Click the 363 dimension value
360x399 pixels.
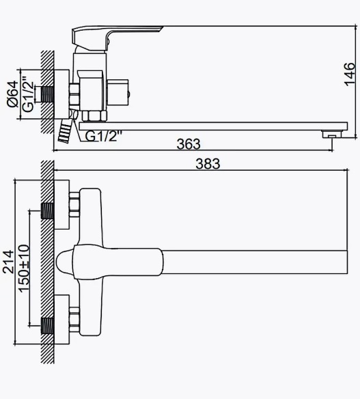pos(189,144)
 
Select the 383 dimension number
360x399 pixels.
pos(208,163)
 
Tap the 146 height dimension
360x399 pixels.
pos(350,74)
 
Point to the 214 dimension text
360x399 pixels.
pos(8,262)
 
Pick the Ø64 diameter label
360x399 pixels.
pos(13,94)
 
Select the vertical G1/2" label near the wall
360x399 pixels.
pos(28,94)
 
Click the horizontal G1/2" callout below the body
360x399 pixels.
pos(103,136)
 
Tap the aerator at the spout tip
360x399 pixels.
pos(332,134)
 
